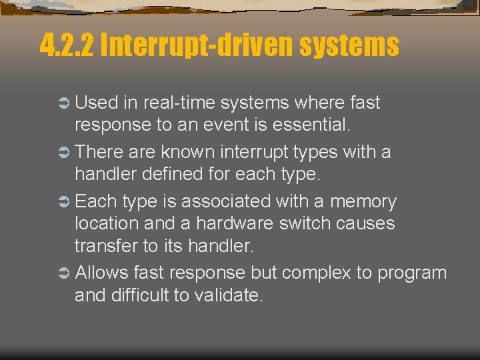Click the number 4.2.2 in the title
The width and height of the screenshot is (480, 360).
coord(66,46)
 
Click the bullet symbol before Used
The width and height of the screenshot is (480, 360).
coord(64,103)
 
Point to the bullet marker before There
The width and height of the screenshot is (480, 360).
coord(64,153)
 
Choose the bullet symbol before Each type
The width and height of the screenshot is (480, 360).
coord(64,202)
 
